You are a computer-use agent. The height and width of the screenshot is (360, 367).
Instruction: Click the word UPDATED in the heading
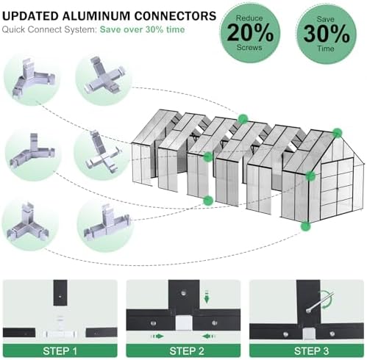pos(30,16)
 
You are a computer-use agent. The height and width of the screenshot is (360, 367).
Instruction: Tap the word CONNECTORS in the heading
pos(175,16)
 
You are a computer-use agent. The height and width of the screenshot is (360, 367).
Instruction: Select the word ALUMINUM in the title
pos(96,16)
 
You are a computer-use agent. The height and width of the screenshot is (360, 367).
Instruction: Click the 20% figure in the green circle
pos(250,33)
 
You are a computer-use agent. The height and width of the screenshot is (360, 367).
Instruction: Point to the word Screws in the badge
pos(249,47)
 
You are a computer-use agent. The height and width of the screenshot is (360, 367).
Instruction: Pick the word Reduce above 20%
pos(249,18)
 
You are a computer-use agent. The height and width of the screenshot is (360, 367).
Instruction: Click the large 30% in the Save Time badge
pos(327,34)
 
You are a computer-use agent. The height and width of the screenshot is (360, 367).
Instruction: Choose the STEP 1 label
pos(60,351)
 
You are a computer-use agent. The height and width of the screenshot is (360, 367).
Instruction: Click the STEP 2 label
pos(187,351)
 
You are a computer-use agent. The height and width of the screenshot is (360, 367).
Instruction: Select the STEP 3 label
pos(311,351)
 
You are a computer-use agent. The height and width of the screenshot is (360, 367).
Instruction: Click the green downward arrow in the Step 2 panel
pos(207,297)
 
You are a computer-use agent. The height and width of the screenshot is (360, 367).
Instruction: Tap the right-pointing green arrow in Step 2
pos(157,336)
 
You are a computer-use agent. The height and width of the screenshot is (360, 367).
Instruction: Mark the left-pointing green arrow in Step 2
pos(209,336)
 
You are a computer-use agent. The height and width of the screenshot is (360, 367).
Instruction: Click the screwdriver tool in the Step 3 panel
pos(320,302)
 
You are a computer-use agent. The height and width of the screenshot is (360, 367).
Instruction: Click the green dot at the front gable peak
pos(338,133)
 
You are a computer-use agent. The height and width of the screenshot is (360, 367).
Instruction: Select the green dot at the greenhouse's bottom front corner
pos(305,226)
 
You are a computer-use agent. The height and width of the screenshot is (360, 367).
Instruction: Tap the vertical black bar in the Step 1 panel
pos(60,292)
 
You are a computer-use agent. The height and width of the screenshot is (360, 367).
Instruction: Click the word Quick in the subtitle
pos(13,29)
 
